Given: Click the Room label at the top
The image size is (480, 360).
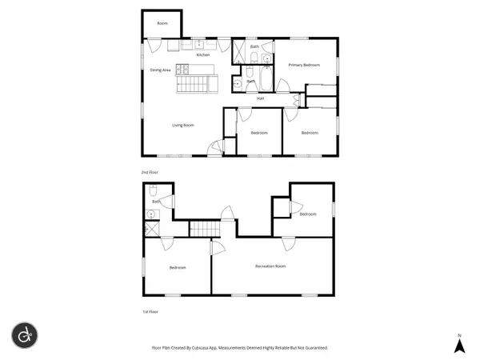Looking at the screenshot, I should [162, 24].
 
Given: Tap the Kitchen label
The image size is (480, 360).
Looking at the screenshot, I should [203, 55].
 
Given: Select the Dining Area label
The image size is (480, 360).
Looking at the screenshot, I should [161, 70].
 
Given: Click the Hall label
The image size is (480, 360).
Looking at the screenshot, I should [261, 98].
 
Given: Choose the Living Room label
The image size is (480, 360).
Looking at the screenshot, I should [183, 125].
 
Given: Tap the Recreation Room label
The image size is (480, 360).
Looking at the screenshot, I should [270, 266].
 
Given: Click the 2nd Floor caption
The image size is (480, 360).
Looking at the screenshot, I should [149, 171].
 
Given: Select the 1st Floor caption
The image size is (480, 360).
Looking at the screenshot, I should [149, 313].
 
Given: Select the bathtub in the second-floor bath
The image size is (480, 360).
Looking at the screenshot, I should [265, 79].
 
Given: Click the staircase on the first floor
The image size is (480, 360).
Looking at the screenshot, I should [203, 229].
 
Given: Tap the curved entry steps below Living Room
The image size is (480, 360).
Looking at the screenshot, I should [214, 147].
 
